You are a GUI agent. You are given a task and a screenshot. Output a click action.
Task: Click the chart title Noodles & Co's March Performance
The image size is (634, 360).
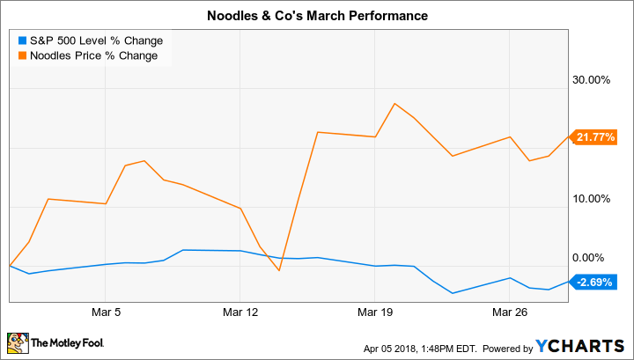317,15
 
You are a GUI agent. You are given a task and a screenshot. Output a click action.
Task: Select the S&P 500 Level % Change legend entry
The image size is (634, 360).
96,40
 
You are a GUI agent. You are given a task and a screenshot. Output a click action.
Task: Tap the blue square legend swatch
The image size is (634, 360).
21,40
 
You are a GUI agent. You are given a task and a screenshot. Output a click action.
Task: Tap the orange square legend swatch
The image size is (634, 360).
21,56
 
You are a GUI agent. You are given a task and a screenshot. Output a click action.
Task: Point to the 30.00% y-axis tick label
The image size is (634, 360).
592,79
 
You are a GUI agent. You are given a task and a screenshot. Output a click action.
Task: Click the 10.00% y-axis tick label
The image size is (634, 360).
592,198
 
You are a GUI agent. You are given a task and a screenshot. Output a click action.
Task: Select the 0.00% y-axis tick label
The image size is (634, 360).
594,258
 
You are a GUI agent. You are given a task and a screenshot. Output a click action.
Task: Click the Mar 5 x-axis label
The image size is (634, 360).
105,312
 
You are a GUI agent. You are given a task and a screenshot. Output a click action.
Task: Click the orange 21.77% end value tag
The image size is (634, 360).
595,136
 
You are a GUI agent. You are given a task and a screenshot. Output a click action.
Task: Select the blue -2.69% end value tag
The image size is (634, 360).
595,282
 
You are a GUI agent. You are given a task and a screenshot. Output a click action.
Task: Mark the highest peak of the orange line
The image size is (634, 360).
394,103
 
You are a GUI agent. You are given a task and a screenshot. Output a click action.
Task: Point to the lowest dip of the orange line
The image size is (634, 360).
279,270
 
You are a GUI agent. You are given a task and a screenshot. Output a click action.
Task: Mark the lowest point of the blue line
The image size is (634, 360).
453,293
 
